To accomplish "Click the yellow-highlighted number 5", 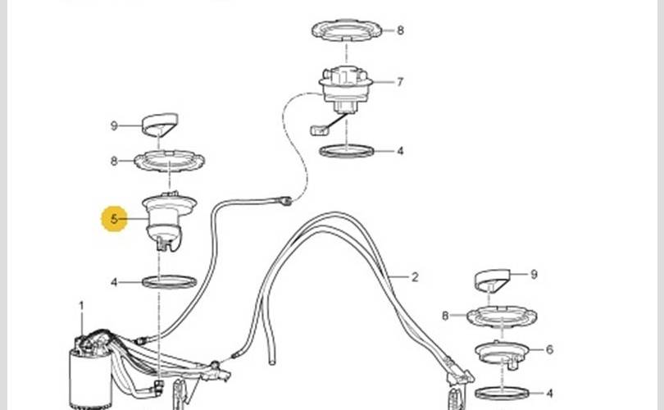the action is coord(113,219).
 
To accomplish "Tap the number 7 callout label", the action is coord(400,82).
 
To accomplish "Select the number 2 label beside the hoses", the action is coord(415,277).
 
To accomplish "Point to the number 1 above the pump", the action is coord(81,306).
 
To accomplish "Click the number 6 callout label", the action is coord(549,349).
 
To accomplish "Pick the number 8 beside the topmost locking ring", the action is coord(400,30).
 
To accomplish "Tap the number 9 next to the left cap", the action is coord(113,125).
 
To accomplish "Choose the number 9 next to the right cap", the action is coord(534,275).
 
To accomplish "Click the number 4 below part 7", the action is coord(400,151).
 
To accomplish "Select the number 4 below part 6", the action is coord(549,394).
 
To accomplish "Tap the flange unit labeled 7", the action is coord(346,89).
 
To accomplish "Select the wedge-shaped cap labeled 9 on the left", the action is coord(159,123).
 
